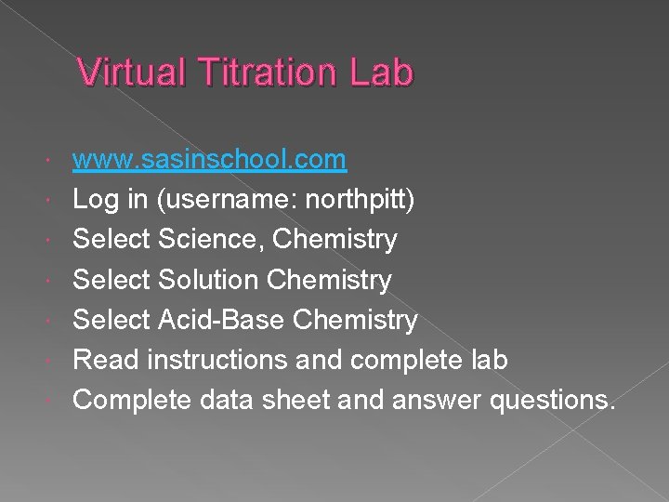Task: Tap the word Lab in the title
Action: (x=381, y=73)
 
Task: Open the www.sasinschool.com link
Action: (x=210, y=160)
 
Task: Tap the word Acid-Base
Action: (x=222, y=320)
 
